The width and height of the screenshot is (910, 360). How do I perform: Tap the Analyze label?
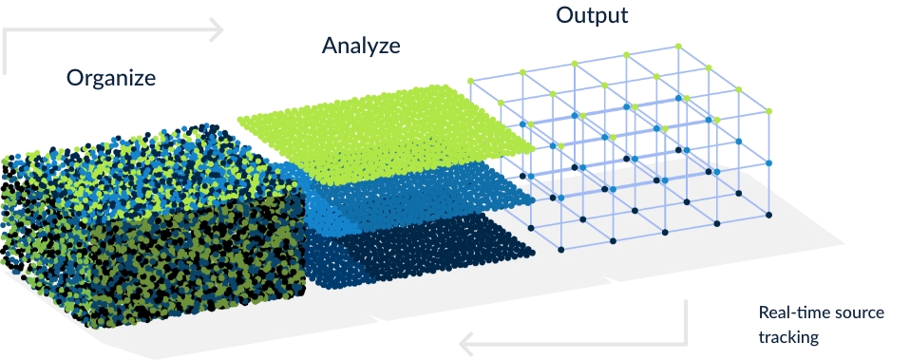coord(361,45)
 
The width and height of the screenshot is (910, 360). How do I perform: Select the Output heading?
coord(592,15)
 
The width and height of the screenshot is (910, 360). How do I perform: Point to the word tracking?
coord(788,336)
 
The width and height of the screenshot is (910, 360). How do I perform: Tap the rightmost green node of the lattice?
coord(768,112)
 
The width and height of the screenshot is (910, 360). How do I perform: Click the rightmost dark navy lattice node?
coord(768,216)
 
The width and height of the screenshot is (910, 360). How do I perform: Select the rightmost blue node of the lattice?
coord(768,163)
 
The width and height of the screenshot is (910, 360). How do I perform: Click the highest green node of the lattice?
coord(678,45)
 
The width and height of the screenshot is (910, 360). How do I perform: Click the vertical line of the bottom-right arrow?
coord(686,322)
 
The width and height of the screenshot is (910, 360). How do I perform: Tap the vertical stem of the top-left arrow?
coord(6,51)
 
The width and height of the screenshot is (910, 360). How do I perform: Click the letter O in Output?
coord(564,15)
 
